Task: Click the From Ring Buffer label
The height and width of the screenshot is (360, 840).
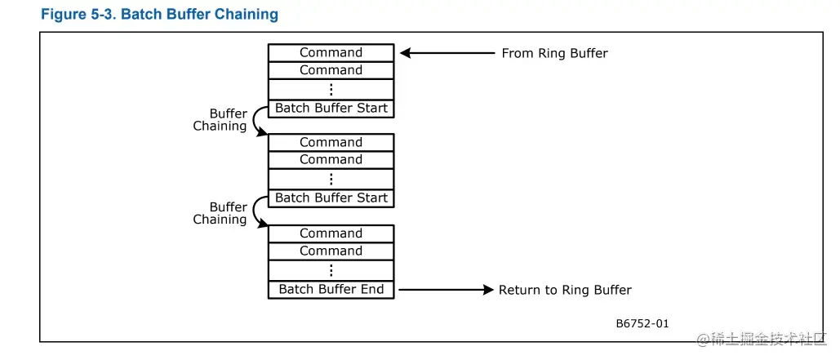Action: pos(554,53)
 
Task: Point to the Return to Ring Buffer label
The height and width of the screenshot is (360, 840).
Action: pos(565,290)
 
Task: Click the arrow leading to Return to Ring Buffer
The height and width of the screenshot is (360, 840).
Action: pos(446,290)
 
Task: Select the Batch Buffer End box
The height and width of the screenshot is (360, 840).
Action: pos(331,290)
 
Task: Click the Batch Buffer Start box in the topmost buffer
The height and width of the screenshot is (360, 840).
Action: pos(331,109)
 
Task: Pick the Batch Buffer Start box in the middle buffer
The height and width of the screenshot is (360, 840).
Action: pos(331,198)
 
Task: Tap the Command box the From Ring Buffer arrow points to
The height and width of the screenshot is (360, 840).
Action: pos(331,53)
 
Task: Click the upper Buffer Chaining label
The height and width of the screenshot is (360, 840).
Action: pos(221,120)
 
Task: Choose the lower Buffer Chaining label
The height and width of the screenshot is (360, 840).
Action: pos(221,213)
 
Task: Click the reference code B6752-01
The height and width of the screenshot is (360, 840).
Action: pos(642,323)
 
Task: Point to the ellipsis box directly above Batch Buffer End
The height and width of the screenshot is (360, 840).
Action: pos(331,270)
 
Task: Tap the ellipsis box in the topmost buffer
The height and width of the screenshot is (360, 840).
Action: pos(331,89)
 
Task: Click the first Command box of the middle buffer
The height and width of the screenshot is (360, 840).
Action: pos(331,143)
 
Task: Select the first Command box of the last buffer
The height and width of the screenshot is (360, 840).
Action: pos(331,234)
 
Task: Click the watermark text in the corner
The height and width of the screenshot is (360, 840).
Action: pos(762,338)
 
